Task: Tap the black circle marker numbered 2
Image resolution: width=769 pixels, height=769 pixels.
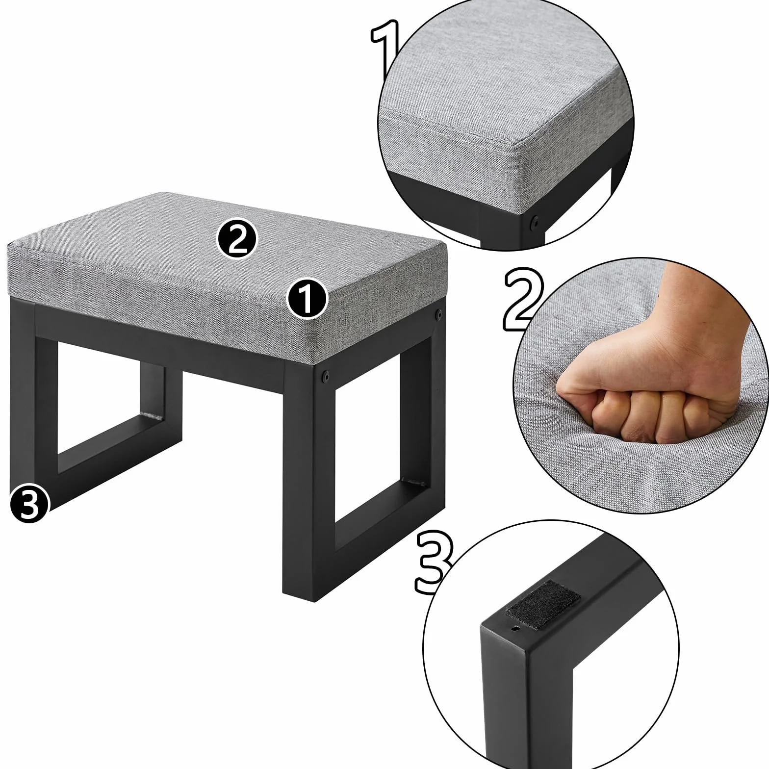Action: [x=237, y=239]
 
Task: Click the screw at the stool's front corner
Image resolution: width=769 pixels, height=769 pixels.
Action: [x=324, y=377]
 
